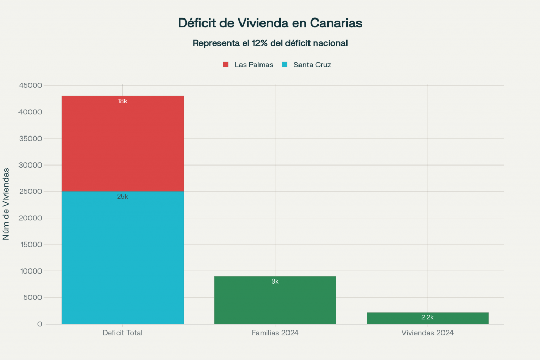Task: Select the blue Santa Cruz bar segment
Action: pyautogui.click(x=122, y=258)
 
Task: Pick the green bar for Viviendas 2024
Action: pyautogui.click(x=427, y=318)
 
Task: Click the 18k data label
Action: pyautogui.click(x=122, y=101)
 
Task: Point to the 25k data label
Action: pyautogui.click(x=122, y=197)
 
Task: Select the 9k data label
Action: pyautogui.click(x=275, y=281)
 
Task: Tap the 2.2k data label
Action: pyautogui.click(x=427, y=317)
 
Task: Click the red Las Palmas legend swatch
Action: pyautogui.click(x=226, y=65)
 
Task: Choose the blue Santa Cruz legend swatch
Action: pyautogui.click(x=284, y=65)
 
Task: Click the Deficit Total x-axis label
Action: pyautogui.click(x=122, y=333)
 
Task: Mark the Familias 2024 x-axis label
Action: pyautogui.click(x=275, y=333)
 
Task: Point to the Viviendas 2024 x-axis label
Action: pyautogui.click(x=427, y=333)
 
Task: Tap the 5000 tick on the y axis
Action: pyautogui.click(x=33, y=298)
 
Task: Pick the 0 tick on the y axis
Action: pyautogui.click(x=40, y=324)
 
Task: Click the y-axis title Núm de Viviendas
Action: pyautogui.click(x=6, y=203)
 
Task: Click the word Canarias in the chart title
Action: pyautogui.click(x=336, y=23)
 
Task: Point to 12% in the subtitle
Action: pyautogui.click(x=261, y=43)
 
